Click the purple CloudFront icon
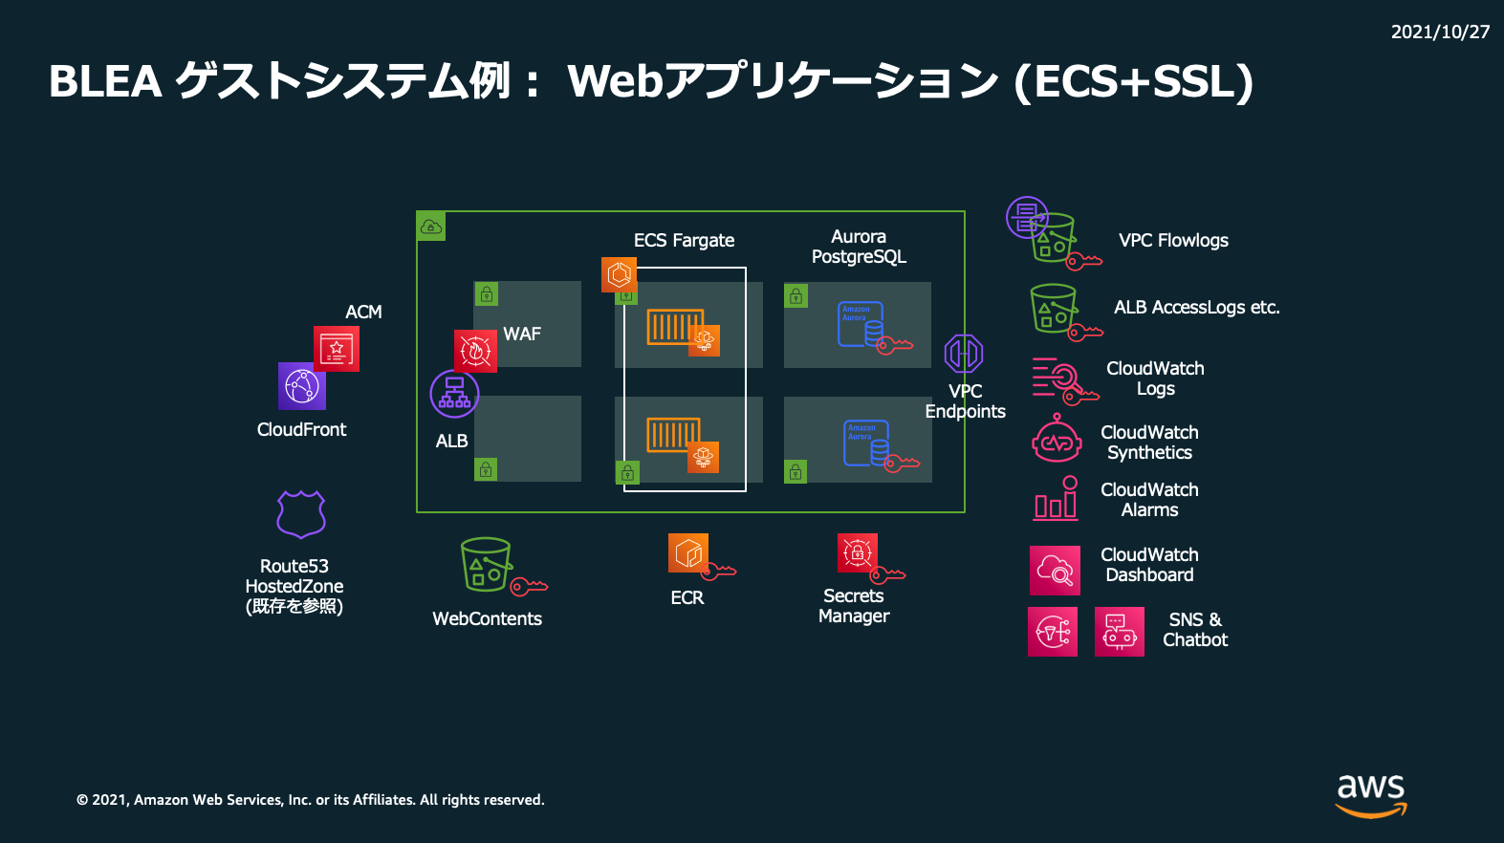pyautogui.click(x=302, y=386)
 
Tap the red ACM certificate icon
pyautogui.click(x=337, y=348)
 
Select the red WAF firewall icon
pyautogui.click(x=475, y=351)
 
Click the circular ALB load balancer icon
pyautogui.click(x=454, y=394)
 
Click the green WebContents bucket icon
pyautogui.click(x=486, y=565)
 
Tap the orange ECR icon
pyautogui.click(x=688, y=552)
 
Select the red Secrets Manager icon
pyautogui.click(x=858, y=552)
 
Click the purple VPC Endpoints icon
pyautogui.click(x=964, y=353)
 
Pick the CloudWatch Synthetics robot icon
pyautogui.click(x=1057, y=439)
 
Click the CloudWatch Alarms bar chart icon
pyautogui.click(x=1057, y=498)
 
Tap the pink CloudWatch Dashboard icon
pyautogui.click(x=1055, y=571)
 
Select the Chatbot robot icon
pyautogui.click(x=1120, y=632)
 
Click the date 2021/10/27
pyautogui.click(x=1440, y=32)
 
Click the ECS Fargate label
pyautogui.click(x=685, y=240)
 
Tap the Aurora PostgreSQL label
pyautogui.click(x=859, y=247)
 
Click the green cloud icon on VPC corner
pyautogui.click(x=431, y=227)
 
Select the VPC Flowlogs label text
pyautogui.click(x=1174, y=240)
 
